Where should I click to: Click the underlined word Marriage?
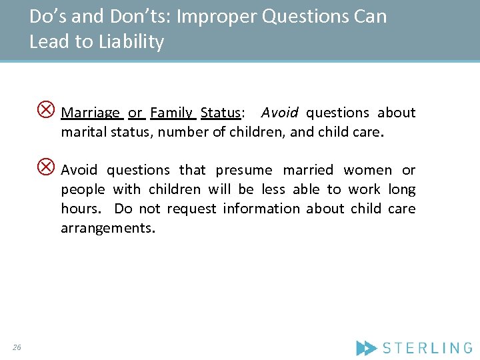(x=91, y=113)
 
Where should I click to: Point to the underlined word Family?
(x=171, y=113)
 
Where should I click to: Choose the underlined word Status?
(x=220, y=113)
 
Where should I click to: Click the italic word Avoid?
(x=279, y=113)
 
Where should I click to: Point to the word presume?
(x=244, y=170)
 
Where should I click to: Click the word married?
(x=307, y=170)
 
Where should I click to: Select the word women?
(x=367, y=170)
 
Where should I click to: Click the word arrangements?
(x=107, y=229)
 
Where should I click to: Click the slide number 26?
(x=17, y=347)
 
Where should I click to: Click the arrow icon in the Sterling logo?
(x=366, y=347)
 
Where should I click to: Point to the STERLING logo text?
(x=427, y=347)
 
